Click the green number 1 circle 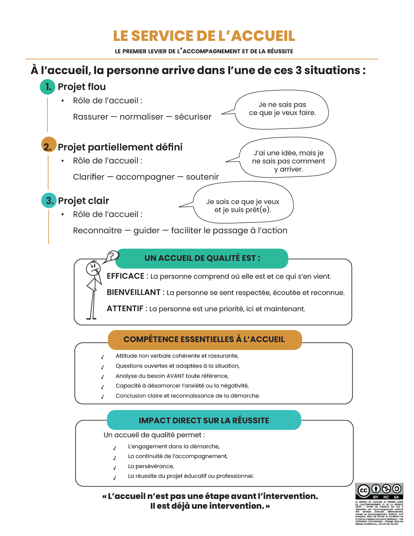(47, 87)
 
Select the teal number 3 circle (49, 200)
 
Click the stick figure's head (93, 268)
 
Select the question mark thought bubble (112, 256)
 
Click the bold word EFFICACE (125, 276)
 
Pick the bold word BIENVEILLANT (133, 292)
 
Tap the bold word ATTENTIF (125, 309)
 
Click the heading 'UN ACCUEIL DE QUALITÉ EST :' (202, 258)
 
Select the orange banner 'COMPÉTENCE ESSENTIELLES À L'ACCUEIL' (204, 339)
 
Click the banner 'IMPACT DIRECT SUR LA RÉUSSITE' (204, 420)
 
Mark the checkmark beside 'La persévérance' (115, 468)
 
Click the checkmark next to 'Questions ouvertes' (102, 367)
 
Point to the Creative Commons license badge (379, 491)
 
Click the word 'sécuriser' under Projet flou (193, 117)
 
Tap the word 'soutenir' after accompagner (202, 177)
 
